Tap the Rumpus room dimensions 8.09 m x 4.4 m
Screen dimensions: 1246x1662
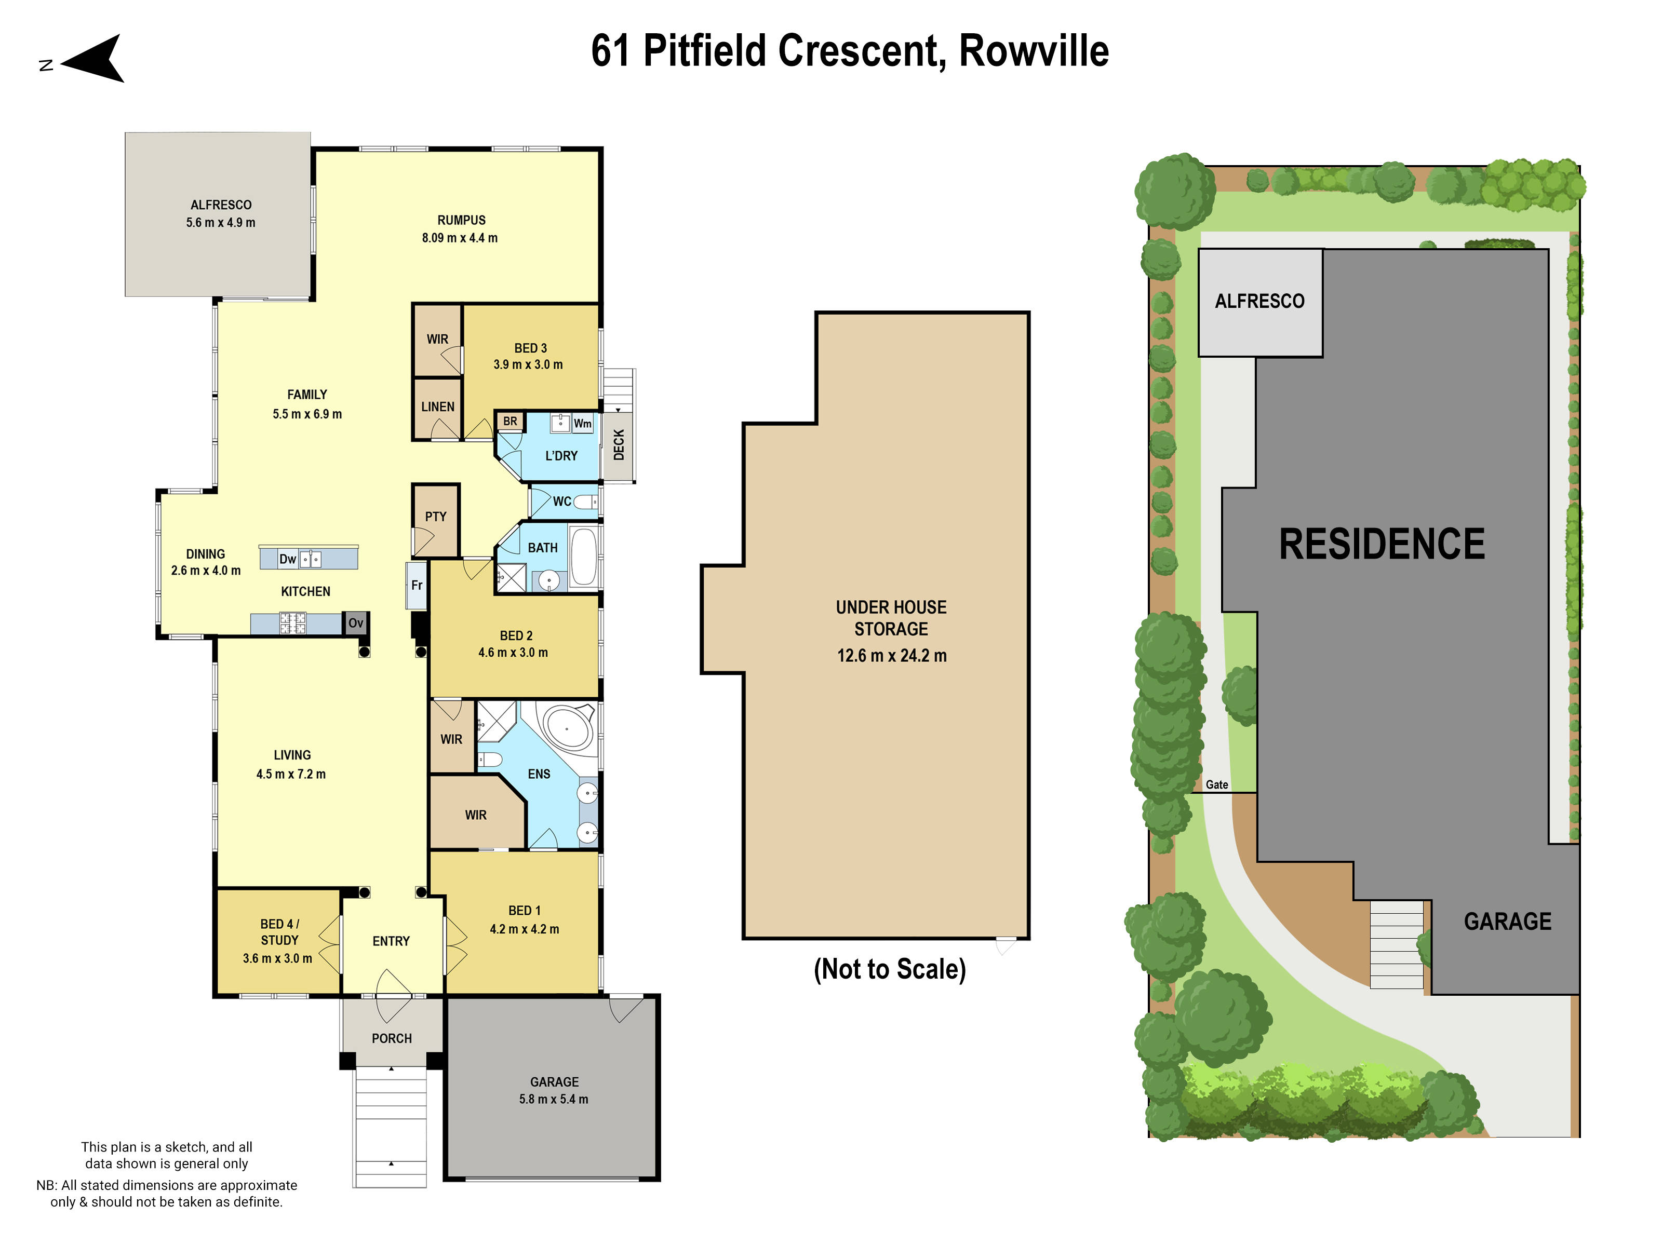click(x=459, y=238)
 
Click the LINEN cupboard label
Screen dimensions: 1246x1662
click(x=437, y=407)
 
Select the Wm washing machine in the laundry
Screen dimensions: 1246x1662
click(x=582, y=424)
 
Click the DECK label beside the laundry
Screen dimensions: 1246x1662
click(x=619, y=444)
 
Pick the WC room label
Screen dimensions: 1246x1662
click(x=561, y=502)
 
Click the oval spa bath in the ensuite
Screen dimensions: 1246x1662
click(x=568, y=727)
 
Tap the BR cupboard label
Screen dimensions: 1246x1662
click(x=510, y=422)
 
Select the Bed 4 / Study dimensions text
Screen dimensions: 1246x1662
click(x=277, y=959)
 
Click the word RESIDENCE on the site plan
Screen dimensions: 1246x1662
click(x=1381, y=545)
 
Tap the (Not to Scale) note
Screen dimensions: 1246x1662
click(x=890, y=970)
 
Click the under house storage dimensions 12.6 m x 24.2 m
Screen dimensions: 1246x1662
click(x=891, y=656)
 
